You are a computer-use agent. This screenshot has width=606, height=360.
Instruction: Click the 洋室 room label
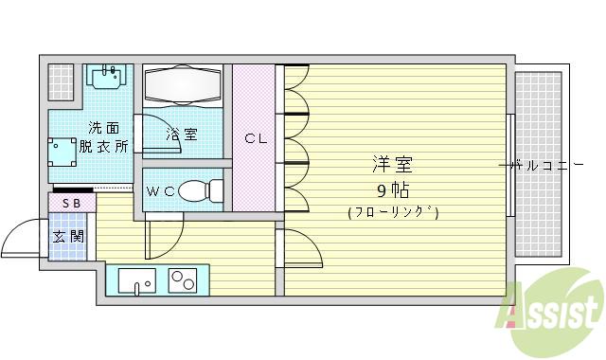pos(392,164)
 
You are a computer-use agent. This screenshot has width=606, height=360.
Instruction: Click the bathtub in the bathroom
pos(182,88)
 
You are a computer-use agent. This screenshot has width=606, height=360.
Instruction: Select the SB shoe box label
pos(71,203)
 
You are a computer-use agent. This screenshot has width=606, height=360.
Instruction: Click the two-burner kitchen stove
pos(182,281)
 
